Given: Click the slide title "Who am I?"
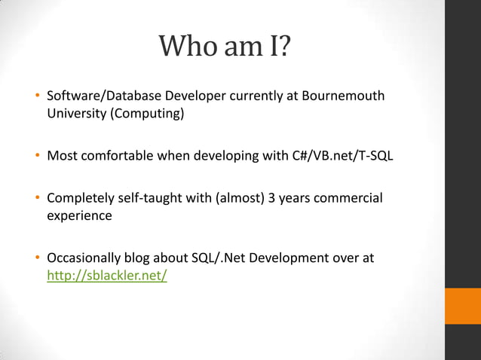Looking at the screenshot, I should pyautogui.click(x=225, y=50).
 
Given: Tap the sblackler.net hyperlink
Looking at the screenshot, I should pyautogui.click(x=107, y=276).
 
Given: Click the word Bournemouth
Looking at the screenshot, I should pyautogui.click(x=341, y=96).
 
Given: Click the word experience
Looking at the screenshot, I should pyautogui.click(x=79, y=215).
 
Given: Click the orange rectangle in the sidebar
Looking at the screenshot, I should pyautogui.click(x=462, y=306).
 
